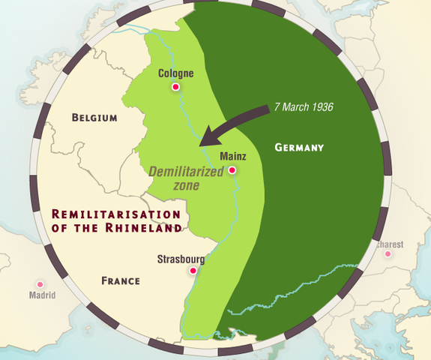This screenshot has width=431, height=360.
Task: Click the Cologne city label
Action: click(x=177, y=73)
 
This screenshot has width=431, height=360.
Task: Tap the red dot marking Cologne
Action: click(x=176, y=88)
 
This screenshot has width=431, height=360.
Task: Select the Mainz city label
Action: click(x=232, y=157)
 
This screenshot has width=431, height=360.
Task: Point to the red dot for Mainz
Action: click(x=232, y=170)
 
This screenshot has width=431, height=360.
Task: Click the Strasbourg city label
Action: click(x=181, y=259)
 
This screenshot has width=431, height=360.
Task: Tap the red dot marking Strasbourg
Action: click(x=193, y=271)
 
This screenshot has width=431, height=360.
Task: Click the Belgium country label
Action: click(x=94, y=118)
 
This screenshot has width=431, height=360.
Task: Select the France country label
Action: click(x=121, y=281)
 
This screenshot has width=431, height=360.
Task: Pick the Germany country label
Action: click(x=299, y=148)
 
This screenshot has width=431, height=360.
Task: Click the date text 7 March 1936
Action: click(x=304, y=106)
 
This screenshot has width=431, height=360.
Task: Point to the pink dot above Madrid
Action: click(x=40, y=284)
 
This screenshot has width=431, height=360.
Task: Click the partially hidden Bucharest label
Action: click(x=391, y=244)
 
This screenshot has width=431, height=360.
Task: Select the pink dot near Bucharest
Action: click(x=388, y=254)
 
